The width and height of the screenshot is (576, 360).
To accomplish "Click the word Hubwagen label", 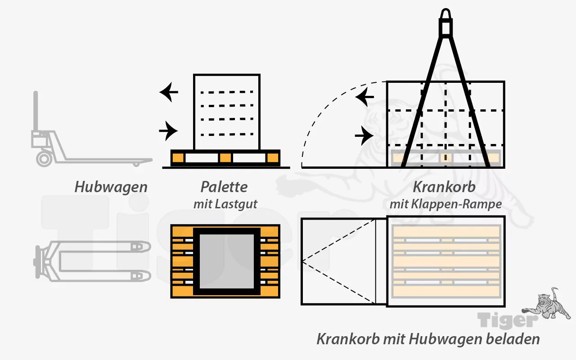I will tap(111, 187).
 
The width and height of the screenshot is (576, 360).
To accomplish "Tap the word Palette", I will tap(224, 187).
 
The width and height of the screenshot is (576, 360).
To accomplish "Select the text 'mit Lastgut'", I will tap(225, 204).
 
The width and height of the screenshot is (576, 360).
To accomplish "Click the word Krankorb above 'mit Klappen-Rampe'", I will tap(444, 187).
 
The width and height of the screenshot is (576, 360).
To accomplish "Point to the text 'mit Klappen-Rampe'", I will tap(445, 204).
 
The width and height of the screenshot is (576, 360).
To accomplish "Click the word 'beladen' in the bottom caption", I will tap(514, 338).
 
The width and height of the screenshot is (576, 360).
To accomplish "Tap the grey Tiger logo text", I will tap(508, 320).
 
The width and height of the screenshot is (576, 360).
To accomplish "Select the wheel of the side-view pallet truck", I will tap(44, 158).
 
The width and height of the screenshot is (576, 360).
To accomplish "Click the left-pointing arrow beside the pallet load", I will tap(169, 93).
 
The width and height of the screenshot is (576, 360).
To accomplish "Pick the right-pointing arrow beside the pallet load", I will tap(169, 131).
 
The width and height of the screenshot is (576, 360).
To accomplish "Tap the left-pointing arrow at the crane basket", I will tap(364, 96).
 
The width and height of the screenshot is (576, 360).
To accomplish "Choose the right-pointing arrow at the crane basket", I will tap(364, 135).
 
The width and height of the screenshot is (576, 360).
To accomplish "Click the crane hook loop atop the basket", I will tap(445, 16).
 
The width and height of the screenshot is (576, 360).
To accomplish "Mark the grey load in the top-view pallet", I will tap(226, 261).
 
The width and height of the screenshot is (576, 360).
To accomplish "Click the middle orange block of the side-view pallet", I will tap(225, 158).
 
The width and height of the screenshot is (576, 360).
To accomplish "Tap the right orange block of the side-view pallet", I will tap(272, 158).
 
